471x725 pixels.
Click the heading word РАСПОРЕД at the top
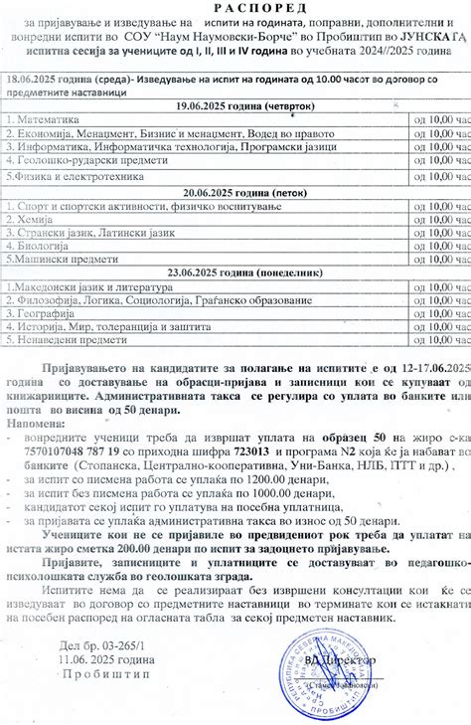(x=235, y=7)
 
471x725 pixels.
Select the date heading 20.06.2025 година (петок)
(x=235, y=191)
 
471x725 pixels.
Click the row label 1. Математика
(x=41, y=118)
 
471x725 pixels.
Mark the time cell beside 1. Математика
(x=442, y=118)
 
